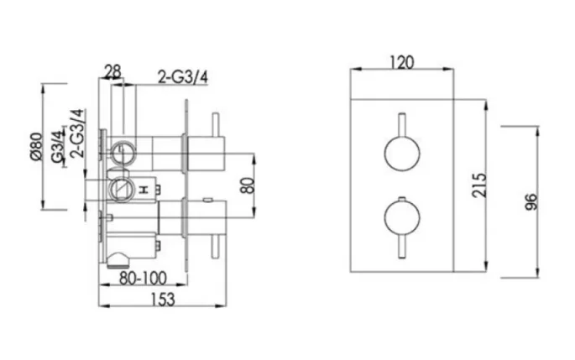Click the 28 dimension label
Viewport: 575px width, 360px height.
pos(114,71)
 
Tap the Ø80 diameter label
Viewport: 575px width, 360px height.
pos(35,146)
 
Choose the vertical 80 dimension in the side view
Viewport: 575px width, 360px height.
pos(246,183)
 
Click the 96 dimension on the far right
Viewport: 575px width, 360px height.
pos(531,201)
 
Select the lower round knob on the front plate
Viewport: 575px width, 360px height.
pos(400,218)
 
